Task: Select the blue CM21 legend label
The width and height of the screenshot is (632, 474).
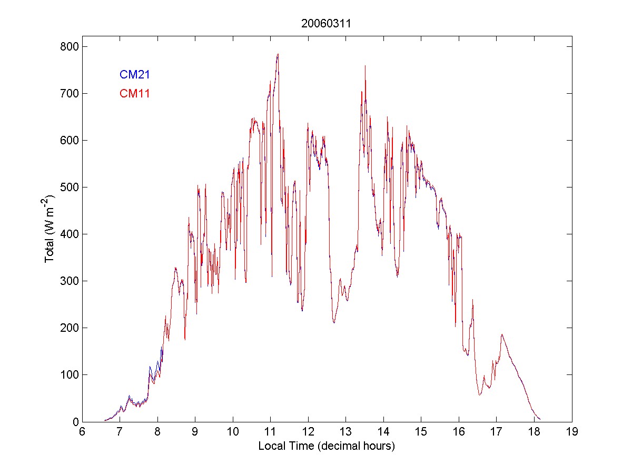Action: (x=135, y=75)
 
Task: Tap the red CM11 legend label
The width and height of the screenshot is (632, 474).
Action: (x=135, y=94)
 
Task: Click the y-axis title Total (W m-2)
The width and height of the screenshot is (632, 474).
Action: (x=50, y=229)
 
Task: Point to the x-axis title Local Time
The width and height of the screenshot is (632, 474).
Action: (x=326, y=446)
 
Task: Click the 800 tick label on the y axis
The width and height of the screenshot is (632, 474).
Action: (x=69, y=47)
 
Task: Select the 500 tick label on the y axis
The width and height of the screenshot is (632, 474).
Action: (x=69, y=187)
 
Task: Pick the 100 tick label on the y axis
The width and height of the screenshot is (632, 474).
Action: (x=69, y=375)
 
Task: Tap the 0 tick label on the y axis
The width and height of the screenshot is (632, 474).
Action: (x=74, y=422)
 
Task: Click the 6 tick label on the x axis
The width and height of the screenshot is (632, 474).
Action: (x=82, y=432)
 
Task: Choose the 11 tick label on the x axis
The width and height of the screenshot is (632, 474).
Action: (x=270, y=432)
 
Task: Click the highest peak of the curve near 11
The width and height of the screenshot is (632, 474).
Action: (x=277, y=54)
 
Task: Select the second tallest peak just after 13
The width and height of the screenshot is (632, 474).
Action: (x=365, y=66)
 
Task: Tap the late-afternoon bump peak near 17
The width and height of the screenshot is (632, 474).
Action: (x=502, y=334)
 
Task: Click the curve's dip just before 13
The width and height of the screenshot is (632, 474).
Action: (x=334, y=322)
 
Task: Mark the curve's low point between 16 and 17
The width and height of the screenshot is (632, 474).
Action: (x=479, y=394)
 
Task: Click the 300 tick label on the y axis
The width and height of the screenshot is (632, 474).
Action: (x=69, y=281)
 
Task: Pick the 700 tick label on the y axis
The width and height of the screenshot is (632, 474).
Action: (x=69, y=94)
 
